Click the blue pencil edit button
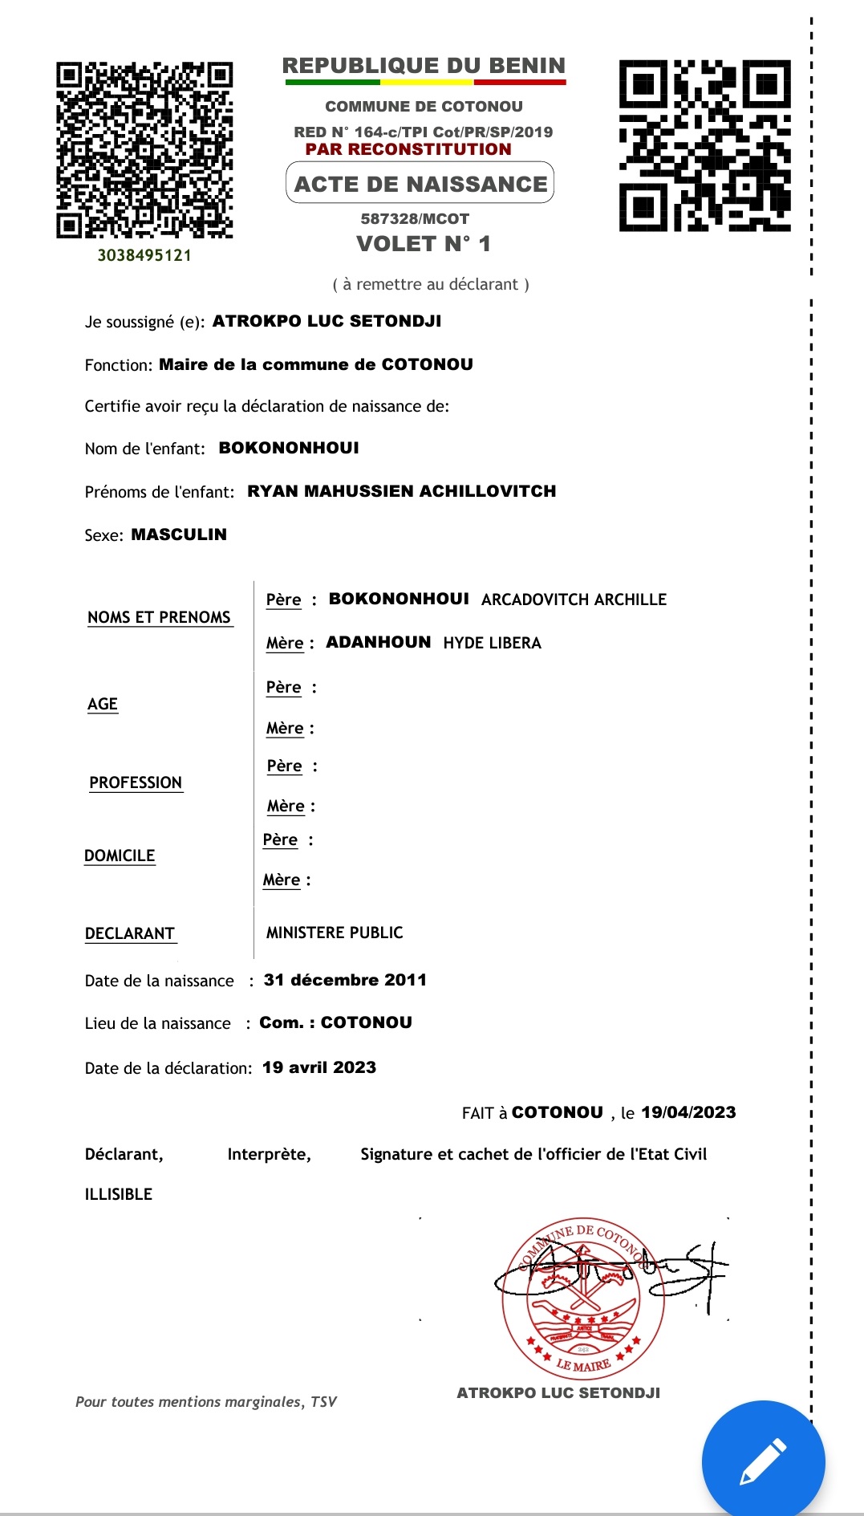pos(763,1461)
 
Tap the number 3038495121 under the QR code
pos(144,255)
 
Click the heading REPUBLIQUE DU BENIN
pos(424,66)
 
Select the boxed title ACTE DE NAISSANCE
pos(420,184)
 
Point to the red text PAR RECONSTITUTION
pos(408,149)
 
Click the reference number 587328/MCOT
pos(415,218)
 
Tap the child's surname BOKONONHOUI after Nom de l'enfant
pos(289,448)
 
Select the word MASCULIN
pos(179,534)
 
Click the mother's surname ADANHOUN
pos(378,642)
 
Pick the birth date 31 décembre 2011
pos(345,980)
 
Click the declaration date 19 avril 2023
pos(319,1067)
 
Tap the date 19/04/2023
pos(688,1112)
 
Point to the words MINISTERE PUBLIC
pos(335,933)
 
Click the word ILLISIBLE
pos(119,1194)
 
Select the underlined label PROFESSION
pos(136,782)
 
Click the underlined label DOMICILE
pos(120,856)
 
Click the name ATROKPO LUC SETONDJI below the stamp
pos(558,1393)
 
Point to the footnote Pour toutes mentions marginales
pos(206,1402)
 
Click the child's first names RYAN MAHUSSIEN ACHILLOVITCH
pos(401,491)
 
